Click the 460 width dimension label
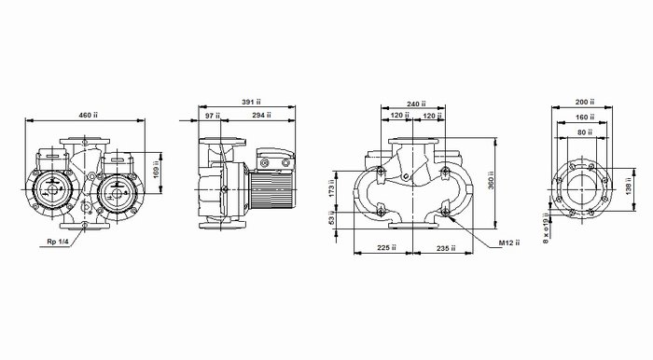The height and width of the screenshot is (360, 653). pos(88,116)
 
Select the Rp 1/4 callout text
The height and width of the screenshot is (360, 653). pos(58,242)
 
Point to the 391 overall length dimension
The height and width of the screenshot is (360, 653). pos(251,102)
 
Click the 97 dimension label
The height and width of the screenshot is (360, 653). pos(213,116)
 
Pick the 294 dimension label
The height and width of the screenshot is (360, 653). pos(261,116)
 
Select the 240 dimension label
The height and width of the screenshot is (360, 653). pos(416,104)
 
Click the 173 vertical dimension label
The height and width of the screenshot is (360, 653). pos(332,188)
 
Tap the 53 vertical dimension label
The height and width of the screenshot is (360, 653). pos(332,218)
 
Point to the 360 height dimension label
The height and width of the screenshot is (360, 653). pos(492,180)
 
